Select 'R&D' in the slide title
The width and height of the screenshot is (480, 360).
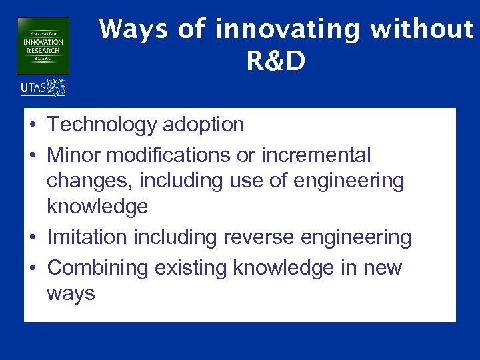pyautogui.click(x=276, y=61)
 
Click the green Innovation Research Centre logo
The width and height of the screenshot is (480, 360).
pyautogui.click(x=43, y=45)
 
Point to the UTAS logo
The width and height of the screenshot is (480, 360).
pyautogui.click(x=43, y=87)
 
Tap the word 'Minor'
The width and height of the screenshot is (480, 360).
pyautogui.click(x=75, y=155)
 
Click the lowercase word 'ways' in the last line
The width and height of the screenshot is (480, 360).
pyautogui.click(x=71, y=293)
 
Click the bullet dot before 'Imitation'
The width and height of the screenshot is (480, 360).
pyautogui.click(x=33, y=238)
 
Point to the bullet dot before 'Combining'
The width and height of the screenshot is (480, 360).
pyautogui.click(x=33, y=269)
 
